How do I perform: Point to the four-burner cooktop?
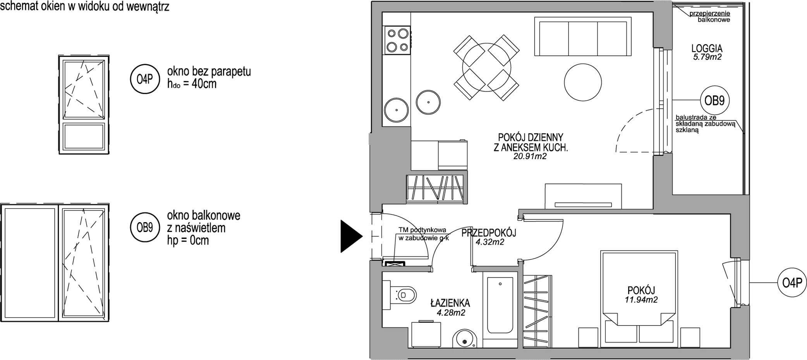(x=397, y=40)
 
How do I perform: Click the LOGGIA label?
(x=707, y=49)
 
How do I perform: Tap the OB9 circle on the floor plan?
(x=714, y=101)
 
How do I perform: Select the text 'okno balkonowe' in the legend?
(x=204, y=215)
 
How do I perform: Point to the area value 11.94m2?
(x=641, y=299)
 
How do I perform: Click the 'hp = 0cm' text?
(x=188, y=240)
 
